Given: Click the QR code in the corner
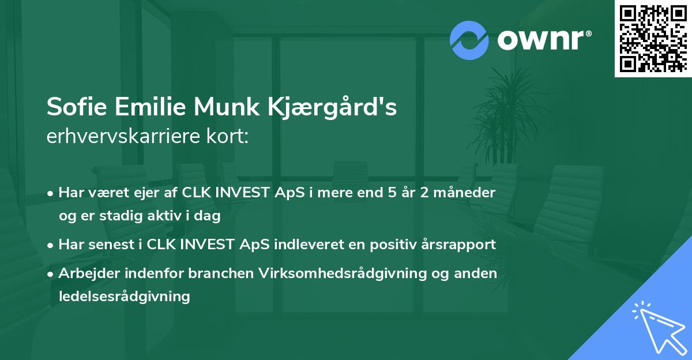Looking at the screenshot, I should coord(653,39).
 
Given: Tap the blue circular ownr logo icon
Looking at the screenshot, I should coord(469,40).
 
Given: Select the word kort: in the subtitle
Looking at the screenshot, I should coord(230,137).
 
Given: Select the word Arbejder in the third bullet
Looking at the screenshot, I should coord(87,273).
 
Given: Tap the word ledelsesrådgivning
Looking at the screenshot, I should coord(124,297).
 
